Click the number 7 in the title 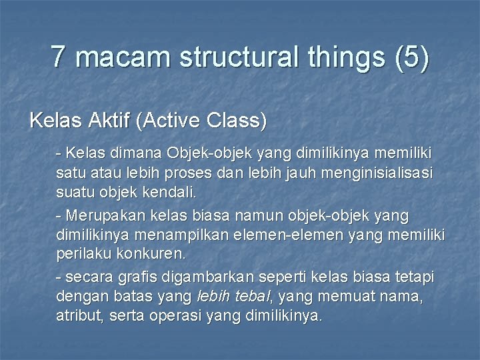[x=59, y=57]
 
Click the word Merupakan [x=97, y=216]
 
